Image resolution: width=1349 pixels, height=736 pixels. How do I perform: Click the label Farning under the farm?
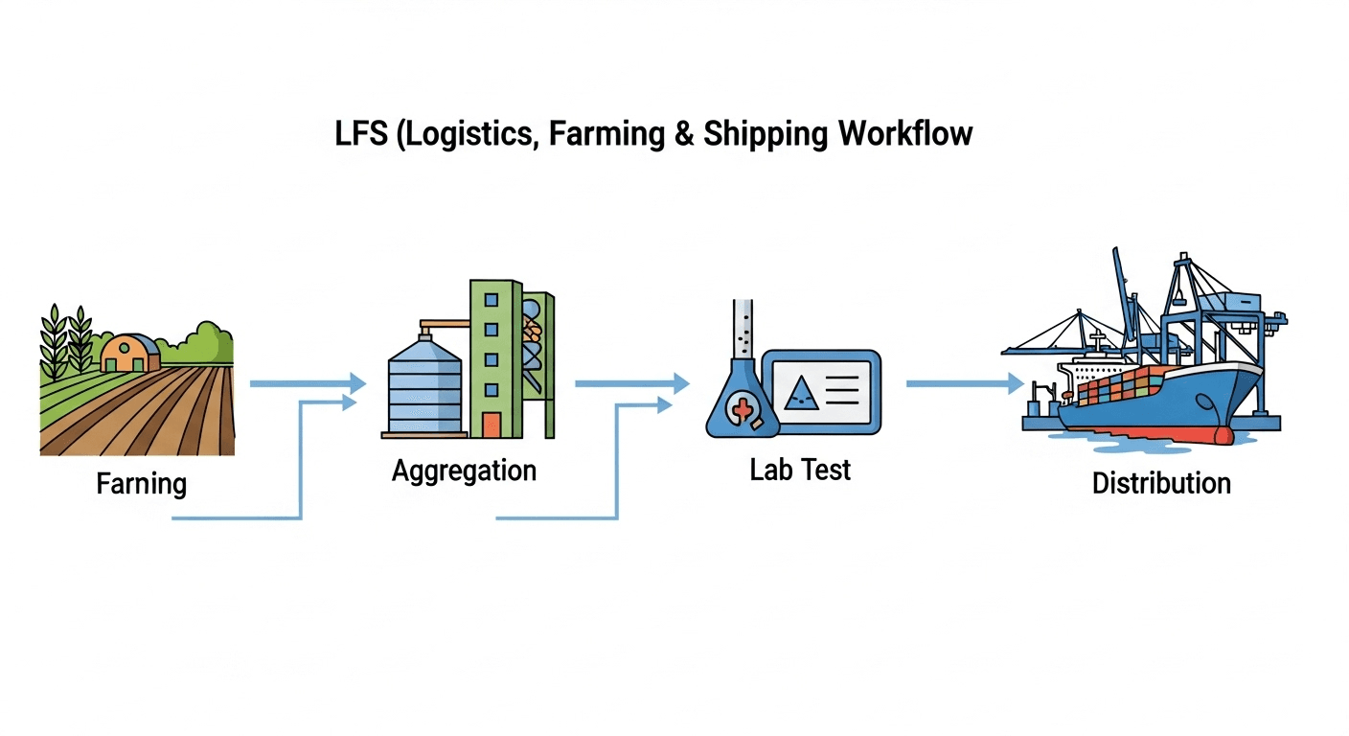click(x=142, y=484)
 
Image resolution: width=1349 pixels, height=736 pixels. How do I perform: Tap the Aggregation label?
click(x=464, y=471)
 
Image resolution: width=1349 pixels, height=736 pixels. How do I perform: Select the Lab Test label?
click(x=800, y=470)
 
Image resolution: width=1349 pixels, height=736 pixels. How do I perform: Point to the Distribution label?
click(x=1161, y=482)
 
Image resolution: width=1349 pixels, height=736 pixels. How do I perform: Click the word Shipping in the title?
click(x=766, y=134)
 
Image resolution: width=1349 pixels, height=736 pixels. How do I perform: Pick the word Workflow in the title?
click(x=905, y=134)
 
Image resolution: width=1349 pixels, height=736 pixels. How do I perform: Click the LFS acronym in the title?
click(x=361, y=134)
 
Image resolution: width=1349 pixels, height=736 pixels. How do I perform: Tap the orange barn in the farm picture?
click(x=130, y=355)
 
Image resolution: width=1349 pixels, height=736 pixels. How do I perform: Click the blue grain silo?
click(x=424, y=388)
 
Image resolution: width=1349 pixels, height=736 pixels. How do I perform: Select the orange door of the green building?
click(x=492, y=425)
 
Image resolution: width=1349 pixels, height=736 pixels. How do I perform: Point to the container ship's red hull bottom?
click(x=1150, y=433)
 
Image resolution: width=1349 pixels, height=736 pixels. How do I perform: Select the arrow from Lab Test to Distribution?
click(x=964, y=383)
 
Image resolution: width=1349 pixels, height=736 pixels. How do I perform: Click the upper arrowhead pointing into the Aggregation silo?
click(x=356, y=383)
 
